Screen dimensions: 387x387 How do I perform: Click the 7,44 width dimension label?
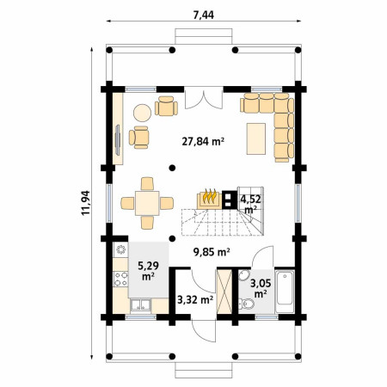click(204, 15)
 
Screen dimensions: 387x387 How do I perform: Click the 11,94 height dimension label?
click(85, 203)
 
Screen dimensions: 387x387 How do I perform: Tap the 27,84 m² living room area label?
click(203, 141)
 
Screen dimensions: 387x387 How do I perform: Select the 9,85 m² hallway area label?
click(212, 252)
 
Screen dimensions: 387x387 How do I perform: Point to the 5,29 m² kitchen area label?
click(148, 271)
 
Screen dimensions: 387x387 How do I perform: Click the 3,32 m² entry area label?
click(195, 300)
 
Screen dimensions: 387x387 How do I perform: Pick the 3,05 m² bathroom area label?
click(261, 288)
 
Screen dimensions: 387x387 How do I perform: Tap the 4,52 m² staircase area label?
click(250, 204)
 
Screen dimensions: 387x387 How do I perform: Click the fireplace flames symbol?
click(209, 196)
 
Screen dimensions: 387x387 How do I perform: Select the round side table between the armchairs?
click(142, 113)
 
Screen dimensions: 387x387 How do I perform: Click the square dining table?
click(147, 203)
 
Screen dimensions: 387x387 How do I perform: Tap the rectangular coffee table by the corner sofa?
click(256, 138)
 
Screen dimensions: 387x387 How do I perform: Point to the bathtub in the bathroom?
click(285, 291)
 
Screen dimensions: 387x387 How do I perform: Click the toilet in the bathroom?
click(246, 304)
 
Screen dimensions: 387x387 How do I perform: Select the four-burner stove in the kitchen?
click(120, 279)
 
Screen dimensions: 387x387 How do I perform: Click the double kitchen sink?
click(140, 305)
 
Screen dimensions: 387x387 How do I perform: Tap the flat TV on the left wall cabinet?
click(118, 140)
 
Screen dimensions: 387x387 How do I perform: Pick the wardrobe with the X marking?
click(224, 291)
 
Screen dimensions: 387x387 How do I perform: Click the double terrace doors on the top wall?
click(204, 98)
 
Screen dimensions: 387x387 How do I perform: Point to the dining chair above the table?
click(147, 183)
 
